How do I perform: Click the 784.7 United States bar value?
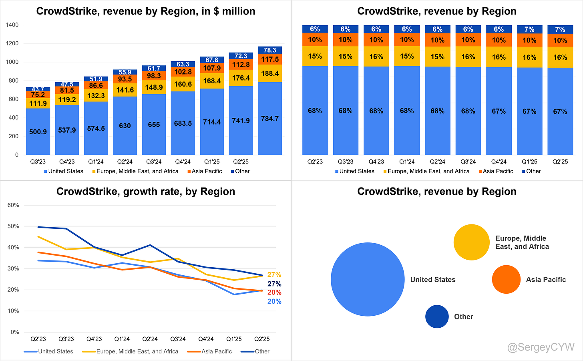pyautogui.click(x=270, y=119)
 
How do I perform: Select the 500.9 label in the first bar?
pyautogui.click(x=38, y=132)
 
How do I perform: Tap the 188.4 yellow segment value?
pyautogui.click(x=270, y=73)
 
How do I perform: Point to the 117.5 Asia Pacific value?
pyautogui.click(x=270, y=59)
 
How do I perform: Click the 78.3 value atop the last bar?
pyautogui.click(x=270, y=50)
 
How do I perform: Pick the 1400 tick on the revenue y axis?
pyautogui.click(x=12, y=25)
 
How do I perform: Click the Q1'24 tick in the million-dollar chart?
pyautogui.click(x=96, y=162)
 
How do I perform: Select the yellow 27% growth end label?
pyautogui.click(x=274, y=275)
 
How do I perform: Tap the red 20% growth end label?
pyautogui.click(x=274, y=292)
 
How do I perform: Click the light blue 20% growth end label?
pyautogui.click(x=274, y=302)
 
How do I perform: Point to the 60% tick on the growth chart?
pyautogui.click(x=13, y=205)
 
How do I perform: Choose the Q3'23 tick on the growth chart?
pyautogui.click(x=66, y=339)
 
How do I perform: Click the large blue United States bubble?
pyautogui.click(x=368, y=279)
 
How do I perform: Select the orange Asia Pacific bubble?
pyautogui.click(x=506, y=279)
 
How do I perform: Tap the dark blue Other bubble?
pyautogui.click(x=437, y=317)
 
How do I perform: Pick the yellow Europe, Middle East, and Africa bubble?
pyautogui.click(x=471, y=242)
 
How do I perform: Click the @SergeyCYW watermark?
pyautogui.click(x=541, y=347)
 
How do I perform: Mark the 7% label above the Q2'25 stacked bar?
pyautogui.click(x=560, y=29)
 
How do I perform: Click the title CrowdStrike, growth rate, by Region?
pyautogui.click(x=146, y=192)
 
